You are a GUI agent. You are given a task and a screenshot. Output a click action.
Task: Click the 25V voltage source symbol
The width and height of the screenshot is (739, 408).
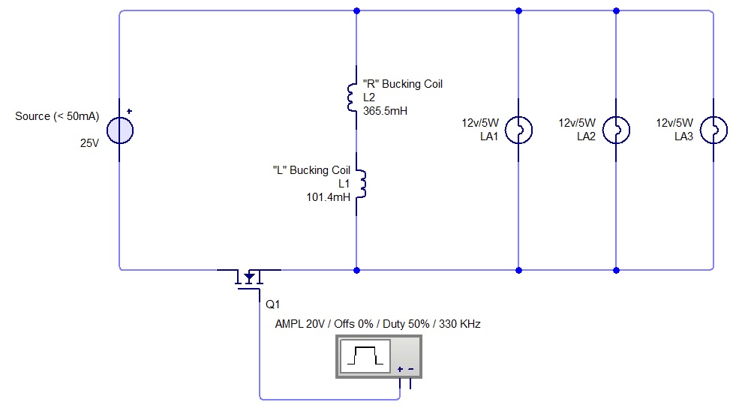click(x=120, y=130)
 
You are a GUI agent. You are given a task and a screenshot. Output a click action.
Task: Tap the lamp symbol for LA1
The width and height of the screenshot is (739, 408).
click(x=518, y=130)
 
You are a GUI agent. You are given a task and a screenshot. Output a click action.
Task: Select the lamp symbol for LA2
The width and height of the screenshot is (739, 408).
click(x=616, y=130)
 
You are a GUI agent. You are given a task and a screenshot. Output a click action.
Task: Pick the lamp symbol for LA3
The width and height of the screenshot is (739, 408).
click(x=713, y=130)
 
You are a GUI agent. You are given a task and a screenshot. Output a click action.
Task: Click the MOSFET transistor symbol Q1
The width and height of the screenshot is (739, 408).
click(x=249, y=278)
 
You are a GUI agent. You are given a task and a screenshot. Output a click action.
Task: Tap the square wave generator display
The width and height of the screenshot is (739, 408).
click(x=365, y=355)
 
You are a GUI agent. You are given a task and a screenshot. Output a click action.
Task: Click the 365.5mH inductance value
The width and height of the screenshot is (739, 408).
click(x=385, y=110)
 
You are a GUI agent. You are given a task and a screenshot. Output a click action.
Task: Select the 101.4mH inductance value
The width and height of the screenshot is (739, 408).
click(x=327, y=196)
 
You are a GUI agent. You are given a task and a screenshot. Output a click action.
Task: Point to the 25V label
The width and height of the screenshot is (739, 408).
click(x=89, y=142)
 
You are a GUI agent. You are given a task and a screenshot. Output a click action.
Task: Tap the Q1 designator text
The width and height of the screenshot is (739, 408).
click(x=272, y=304)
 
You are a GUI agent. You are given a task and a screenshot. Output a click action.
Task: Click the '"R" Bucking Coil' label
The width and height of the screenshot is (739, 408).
click(x=402, y=84)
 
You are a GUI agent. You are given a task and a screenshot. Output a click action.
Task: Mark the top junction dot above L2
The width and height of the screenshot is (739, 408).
click(x=356, y=10)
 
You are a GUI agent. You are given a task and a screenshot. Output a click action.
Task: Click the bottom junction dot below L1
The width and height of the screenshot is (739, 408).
click(x=356, y=269)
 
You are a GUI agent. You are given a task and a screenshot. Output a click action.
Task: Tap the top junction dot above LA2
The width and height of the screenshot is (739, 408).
click(x=616, y=10)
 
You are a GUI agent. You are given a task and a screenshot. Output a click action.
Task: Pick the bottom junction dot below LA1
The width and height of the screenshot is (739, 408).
click(x=518, y=269)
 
